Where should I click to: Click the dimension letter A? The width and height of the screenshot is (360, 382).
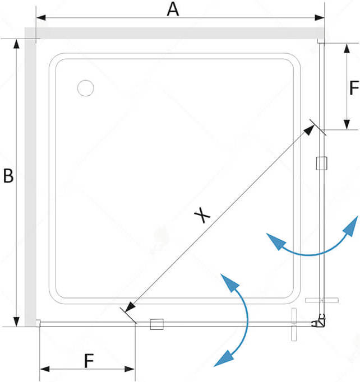point(173,9)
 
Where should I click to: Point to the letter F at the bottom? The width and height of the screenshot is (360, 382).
point(88,361)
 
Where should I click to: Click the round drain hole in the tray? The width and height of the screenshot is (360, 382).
point(86,88)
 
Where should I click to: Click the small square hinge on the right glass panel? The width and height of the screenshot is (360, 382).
point(321,164)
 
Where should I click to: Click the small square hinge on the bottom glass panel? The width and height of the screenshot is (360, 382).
point(156,323)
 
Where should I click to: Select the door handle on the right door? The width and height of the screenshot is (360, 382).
point(323,301)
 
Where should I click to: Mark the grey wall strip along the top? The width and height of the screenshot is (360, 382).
point(179,33)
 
